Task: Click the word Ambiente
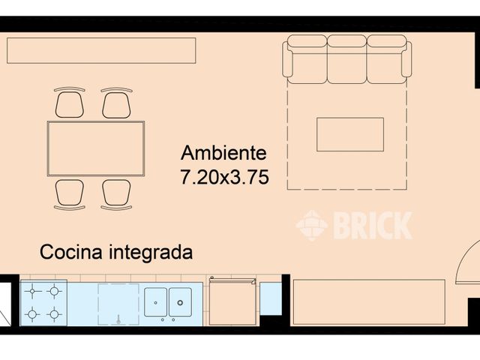(223, 153)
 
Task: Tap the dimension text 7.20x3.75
(224, 178)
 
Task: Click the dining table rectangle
(96, 148)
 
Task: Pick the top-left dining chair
(70, 103)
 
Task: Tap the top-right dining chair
(116, 103)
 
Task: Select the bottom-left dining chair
(70, 193)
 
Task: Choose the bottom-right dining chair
(116, 193)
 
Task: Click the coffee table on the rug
(349, 134)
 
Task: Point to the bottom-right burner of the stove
(54, 314)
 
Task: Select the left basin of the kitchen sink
(155, 302)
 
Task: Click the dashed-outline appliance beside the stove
(118, 304)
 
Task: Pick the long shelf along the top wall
(101, 50)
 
